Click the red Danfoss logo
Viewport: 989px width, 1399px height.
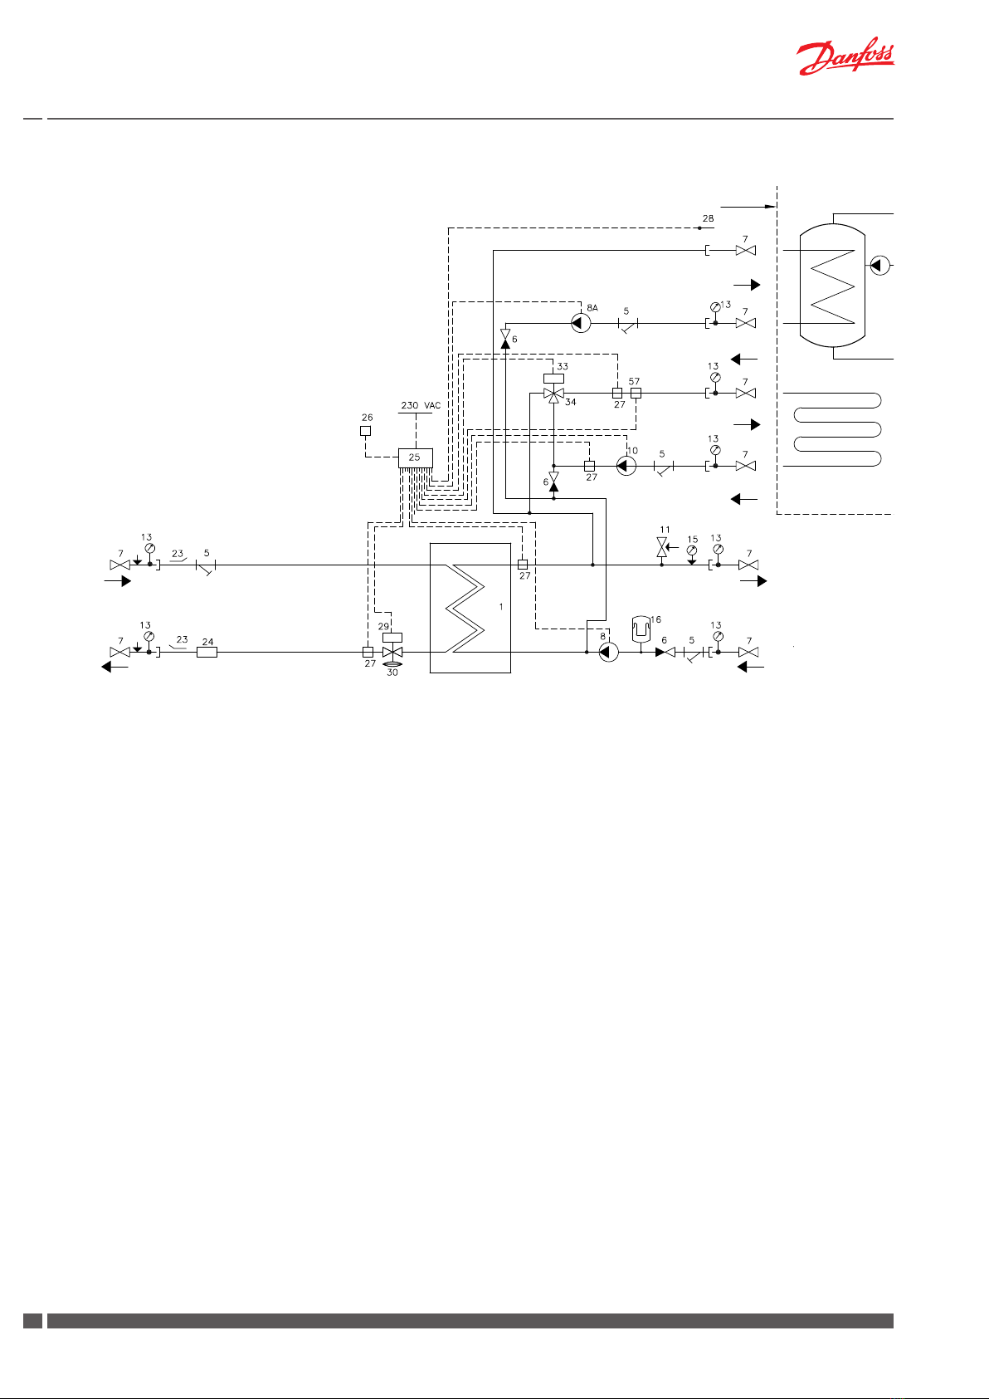pos(845,60)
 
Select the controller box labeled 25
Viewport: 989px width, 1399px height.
pos(415,457)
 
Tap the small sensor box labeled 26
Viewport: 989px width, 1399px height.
pos(366,431)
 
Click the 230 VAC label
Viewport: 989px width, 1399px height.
pos(421,406)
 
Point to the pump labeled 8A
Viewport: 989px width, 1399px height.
pos(581,323)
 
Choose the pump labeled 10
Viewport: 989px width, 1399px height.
pos(626,466)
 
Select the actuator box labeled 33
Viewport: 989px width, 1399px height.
pos(553,379)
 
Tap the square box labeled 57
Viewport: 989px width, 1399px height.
pos(636,394)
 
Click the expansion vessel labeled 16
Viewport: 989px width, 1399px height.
pos(640,628)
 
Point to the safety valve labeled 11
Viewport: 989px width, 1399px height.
pos(662,547)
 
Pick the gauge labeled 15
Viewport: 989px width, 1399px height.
pos(692,550)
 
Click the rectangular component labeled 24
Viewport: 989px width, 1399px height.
pos(207,653)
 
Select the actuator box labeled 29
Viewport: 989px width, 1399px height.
pos(392,638)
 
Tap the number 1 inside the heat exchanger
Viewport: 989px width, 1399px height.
pos(501,607)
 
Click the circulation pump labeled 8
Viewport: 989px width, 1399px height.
pos(608,653)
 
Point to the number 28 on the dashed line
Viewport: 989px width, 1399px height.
pos(708,219)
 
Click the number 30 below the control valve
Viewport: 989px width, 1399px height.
pos(392,673)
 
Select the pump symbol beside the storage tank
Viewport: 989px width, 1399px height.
pos(879,266)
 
